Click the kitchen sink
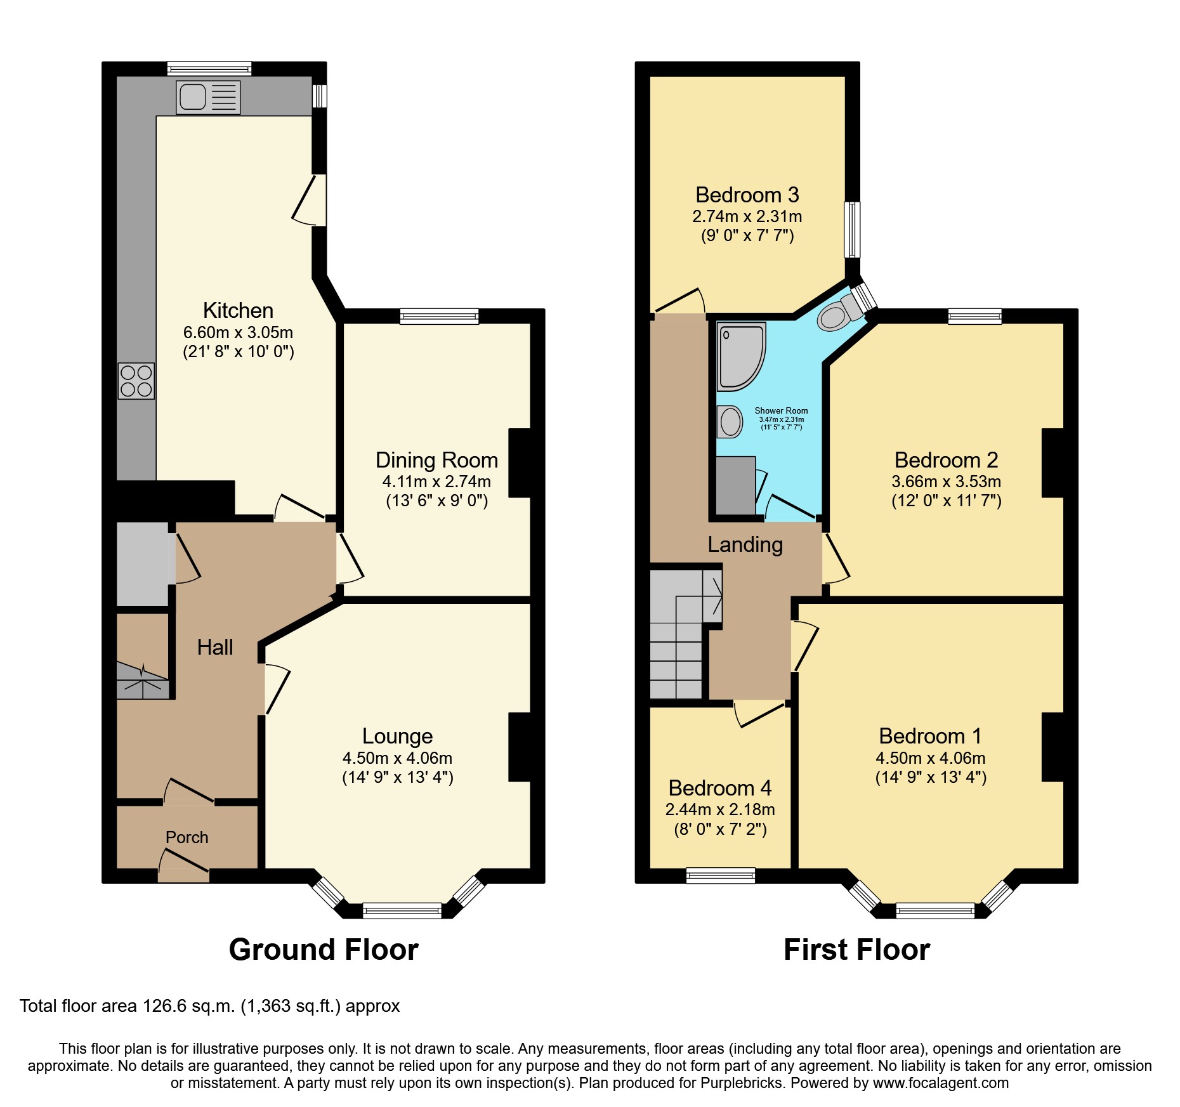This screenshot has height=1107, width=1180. pyautogui.click(x=207, y=97)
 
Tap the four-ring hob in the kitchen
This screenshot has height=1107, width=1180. pyautogui.click(x=136, y=381)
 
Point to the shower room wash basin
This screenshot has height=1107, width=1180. pyautogui.click(x=730, y=422)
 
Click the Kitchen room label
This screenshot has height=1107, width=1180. pyautogui.click(x=238, y=311)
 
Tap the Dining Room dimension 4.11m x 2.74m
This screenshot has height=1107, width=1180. pyautogui.click(x=436, y=481)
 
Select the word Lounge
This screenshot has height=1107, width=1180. pyautogui.click(x=397, y=736)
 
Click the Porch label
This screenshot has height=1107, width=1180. pyautogui.click(x=187, y=837)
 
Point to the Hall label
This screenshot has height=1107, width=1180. pyautogui.click(x=215, y=647)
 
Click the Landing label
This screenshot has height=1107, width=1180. pyautogui.click(x=745, y=545)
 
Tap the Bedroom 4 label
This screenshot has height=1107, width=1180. pyautogui.click(x=719, y=788)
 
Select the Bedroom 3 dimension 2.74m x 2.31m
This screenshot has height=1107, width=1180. pyautogui.click(x=747, y=216)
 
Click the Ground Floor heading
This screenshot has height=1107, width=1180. pyautogui.click(x=324, y=950)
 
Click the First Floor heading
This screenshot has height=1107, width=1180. pyautogui.click(x=856, y=950)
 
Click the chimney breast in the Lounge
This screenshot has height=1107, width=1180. pyautogui.click(x=520, y=747)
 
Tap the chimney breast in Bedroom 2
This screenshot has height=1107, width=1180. pyautogui.click(x=1052, y=462)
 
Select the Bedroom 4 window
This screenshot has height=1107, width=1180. pyautogui.click(x=721, y=875)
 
